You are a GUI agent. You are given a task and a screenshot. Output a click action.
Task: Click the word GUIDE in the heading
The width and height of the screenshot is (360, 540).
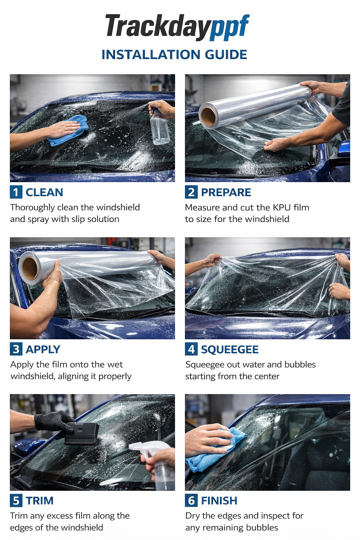[226, 54]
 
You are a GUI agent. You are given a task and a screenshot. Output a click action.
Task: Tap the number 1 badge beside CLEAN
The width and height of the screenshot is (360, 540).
[16, 192]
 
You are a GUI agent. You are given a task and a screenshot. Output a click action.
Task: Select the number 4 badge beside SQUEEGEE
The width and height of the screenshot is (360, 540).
[191, 349]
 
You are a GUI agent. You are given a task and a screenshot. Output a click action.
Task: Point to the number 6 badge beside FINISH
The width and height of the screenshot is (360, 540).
[191, 500]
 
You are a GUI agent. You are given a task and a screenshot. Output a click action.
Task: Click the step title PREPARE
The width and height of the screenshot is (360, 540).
[226, 192]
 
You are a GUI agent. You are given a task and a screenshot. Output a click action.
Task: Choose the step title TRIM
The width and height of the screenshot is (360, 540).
[39, 501]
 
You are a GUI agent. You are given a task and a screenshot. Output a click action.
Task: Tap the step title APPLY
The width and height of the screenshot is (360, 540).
[43, 349]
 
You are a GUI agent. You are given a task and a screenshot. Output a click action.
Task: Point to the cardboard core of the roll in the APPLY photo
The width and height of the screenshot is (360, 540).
[30, 268]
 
